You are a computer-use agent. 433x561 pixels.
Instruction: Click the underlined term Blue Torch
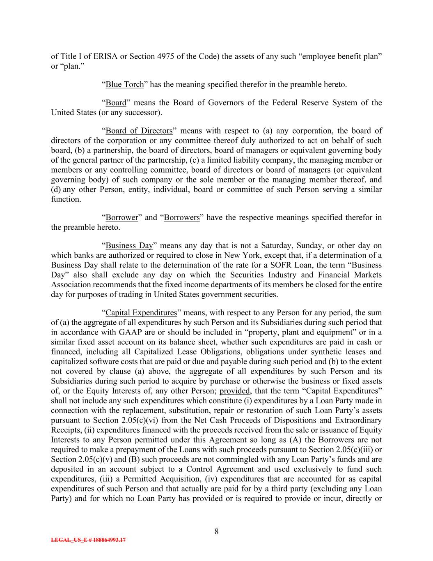click(125, 85)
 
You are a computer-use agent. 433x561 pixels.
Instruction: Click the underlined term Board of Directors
click(139, 131)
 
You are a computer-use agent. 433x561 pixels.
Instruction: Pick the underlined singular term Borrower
click(122, 217)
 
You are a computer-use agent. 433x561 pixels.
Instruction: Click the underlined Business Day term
click(129, 246)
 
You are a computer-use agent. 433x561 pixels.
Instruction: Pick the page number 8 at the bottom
click(216, 532)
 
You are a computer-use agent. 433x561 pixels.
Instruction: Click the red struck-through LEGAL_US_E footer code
click(88, 540)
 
